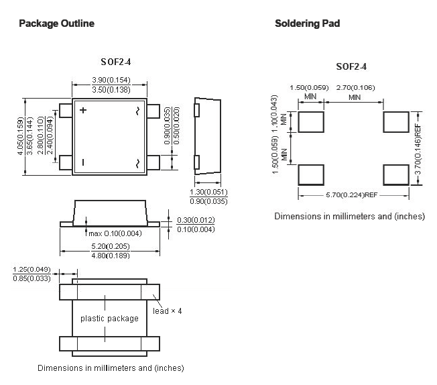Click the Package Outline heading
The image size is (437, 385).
click(56, 23)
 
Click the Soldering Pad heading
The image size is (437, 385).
click(308, 23)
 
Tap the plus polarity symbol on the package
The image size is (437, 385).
click(82, 110)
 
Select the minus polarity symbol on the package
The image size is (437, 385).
click(83, 162)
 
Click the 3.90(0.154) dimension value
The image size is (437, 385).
click(111, 80)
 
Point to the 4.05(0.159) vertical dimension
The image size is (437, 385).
click(20, 136)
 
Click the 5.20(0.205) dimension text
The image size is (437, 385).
click(111, 246)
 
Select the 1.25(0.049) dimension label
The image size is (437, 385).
click(32, 270)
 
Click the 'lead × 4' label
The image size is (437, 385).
click(167, 311)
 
